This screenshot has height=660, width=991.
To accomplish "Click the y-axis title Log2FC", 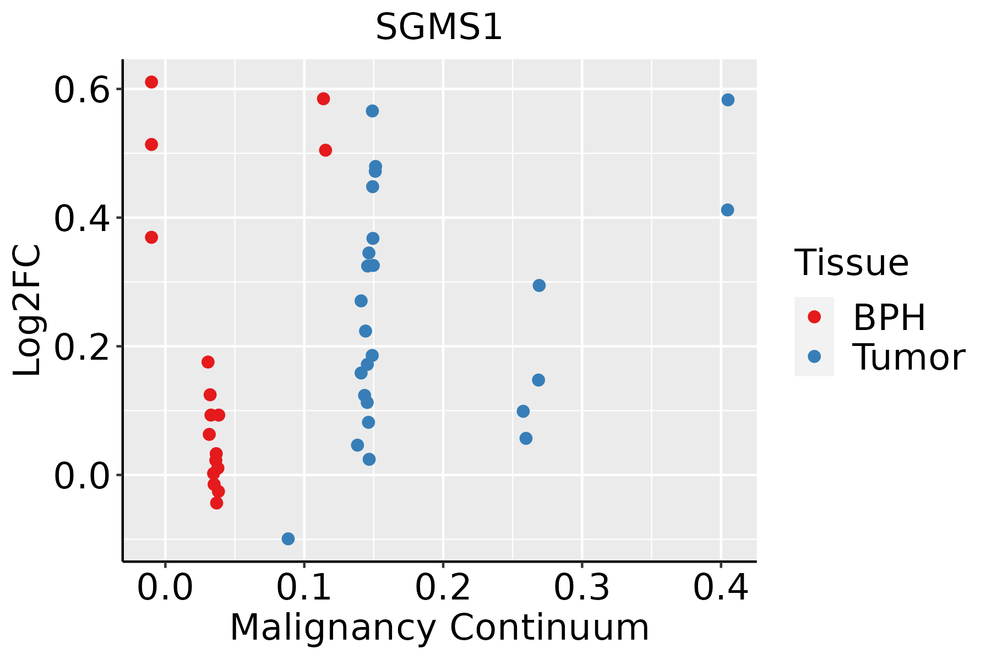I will coord(28,311).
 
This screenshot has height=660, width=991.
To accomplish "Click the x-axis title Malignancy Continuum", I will coord(439,628).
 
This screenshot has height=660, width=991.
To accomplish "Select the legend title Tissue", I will coord(852,263).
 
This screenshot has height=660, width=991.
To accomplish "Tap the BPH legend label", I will coord(889,317).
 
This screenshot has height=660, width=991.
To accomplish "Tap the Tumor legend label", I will coord(908,358).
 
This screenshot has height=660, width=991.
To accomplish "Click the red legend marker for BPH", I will coord(814,317).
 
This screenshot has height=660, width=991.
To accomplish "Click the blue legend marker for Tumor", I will coord(814,356).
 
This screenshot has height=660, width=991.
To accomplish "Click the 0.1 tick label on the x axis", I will coord(304,587).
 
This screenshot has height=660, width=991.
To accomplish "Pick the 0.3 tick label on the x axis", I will coord(581,587).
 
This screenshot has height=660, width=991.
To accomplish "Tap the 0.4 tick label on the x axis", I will coord(720,587).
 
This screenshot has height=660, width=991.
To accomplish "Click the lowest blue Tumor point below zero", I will coord(288,538).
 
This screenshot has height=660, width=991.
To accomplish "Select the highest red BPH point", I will coord(151,82).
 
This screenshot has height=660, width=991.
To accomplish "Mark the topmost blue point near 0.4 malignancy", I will coord(728,100).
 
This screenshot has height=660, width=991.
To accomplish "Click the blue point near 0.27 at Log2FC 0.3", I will coord(539,285).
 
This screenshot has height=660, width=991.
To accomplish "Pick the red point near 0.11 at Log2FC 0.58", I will coord(323,98).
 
